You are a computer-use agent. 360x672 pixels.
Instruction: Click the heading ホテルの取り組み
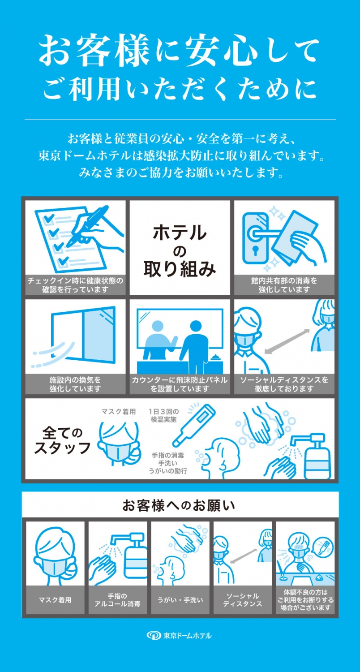pyautogui.click(x=180, y=251)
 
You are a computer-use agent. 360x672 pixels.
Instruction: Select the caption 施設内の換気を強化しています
pyautogui.click(x=75, y=384)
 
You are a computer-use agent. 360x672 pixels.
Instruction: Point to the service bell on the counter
pyautogui.click(x=214, y=358)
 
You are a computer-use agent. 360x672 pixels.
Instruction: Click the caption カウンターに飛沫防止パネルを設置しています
pyautogui.click(x=180, y=384)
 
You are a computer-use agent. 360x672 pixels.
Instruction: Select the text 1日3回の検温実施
pyautogui.click(x=163, y=416)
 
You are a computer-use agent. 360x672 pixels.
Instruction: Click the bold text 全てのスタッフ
pyautogui.click(x=62, y=440)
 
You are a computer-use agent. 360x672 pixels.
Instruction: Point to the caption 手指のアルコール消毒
pyautogui.click(x=117, y=600)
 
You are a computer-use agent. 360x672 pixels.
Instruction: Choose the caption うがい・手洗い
pyautogui.click(x=180, y=600)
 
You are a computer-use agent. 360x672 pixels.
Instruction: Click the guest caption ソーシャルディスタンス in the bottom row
pyautogui.click(x=242, y=600)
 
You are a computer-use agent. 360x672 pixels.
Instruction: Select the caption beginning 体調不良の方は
pyautogui.click(x=305, y=600)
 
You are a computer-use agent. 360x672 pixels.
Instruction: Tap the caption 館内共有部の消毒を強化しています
pyautogui.click(x=284, y=285)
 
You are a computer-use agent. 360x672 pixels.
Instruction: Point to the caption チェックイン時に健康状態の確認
pyautogui.click(x=75, y=285)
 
